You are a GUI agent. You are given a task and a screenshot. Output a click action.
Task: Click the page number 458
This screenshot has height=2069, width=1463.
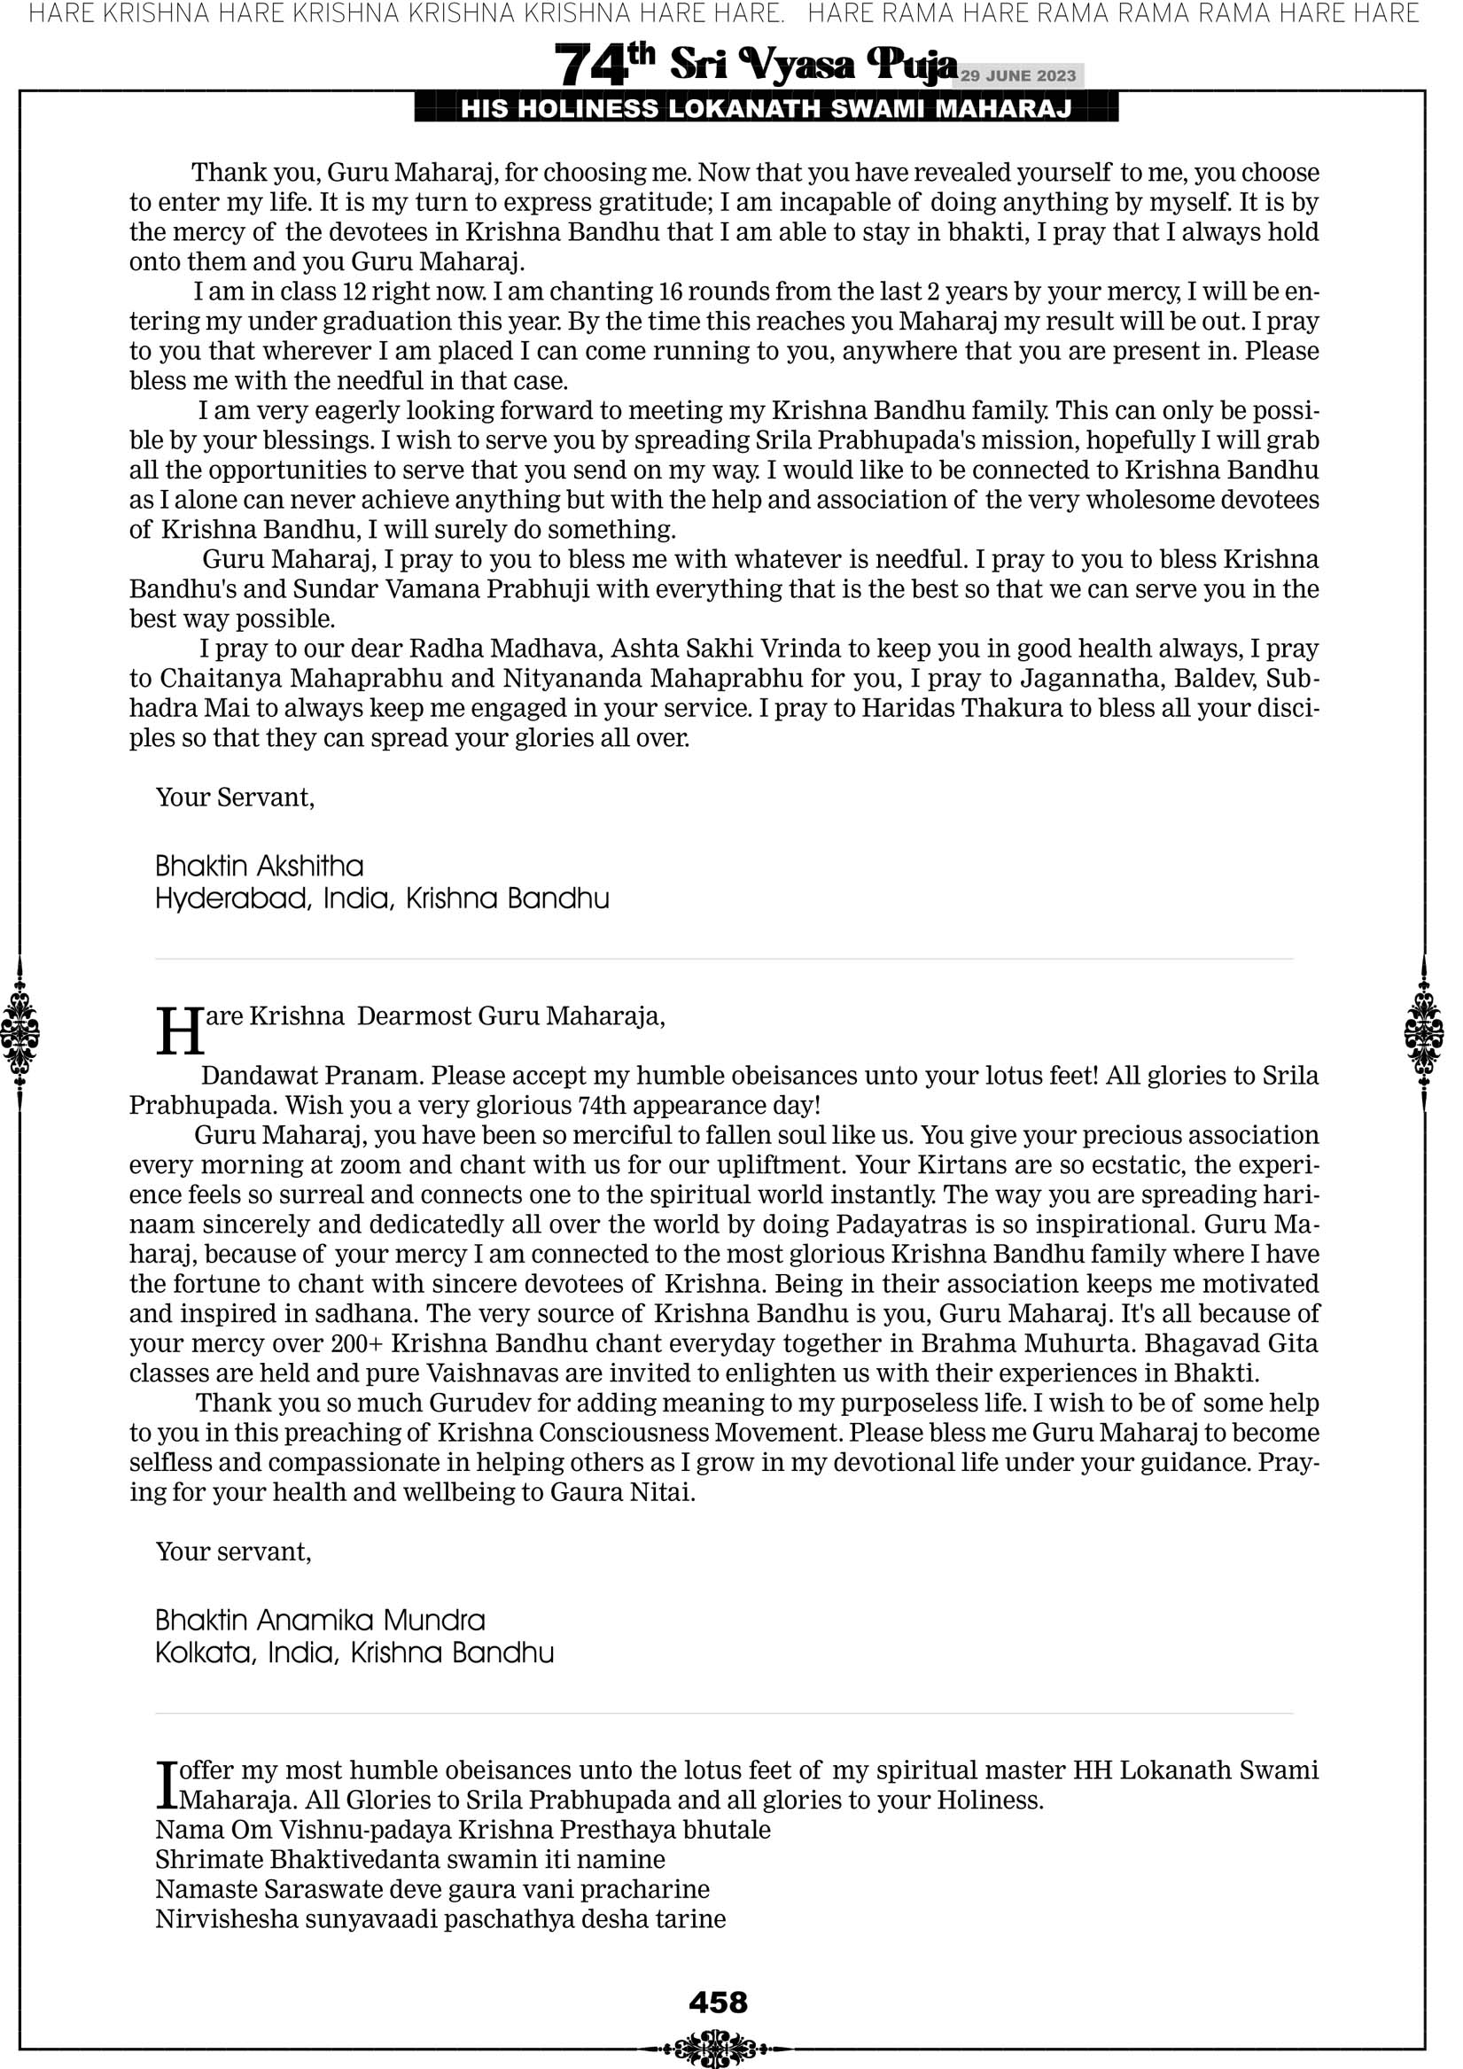pyautogui.click(x=718, y=2002)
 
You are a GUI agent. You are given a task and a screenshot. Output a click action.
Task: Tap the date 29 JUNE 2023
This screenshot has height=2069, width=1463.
pyautogui.click(x=1017, y=75)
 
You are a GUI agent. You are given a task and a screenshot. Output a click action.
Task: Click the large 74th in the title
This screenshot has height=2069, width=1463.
pyautogui.click(x=604, y=64)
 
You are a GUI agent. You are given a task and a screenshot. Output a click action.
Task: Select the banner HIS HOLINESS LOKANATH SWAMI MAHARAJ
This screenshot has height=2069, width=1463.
pyautogui.click(x=767, y=109)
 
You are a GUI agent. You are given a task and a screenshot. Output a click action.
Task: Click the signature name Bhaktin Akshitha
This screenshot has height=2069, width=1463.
pyautogui.click(x=260, y=866)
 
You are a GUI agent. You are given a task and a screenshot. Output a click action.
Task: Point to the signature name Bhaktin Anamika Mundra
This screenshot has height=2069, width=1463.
pyautogui.click(x=320, y=1621)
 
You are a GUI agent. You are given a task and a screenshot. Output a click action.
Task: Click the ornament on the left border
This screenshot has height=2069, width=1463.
pyautogui.click(x=19, y=1032)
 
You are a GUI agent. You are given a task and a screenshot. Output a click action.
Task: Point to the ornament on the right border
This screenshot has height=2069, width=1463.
pyautogui.click(x=1423, y=1032)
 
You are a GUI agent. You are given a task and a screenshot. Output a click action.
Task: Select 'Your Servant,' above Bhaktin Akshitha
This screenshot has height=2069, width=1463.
pyautogui.click(x=236, y=797)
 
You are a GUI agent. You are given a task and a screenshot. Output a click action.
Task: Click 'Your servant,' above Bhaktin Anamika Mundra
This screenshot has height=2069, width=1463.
pyautogui.click(x=233, y=1552)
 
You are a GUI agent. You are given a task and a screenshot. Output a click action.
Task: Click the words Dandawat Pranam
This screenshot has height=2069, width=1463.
pyautogui.click(x=312, y=1076)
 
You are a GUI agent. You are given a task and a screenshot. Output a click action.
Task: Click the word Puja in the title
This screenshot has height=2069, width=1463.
pyautogui.click(x=910, y=64)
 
